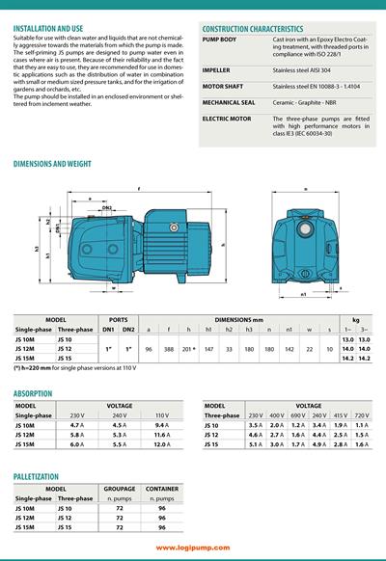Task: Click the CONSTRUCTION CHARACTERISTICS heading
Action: (252, 29)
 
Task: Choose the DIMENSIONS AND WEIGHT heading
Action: (53, 165)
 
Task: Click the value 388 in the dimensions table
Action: (169, 340)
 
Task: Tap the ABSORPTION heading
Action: (34, 393)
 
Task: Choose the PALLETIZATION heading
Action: (43, 476)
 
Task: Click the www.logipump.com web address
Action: (193, 548)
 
